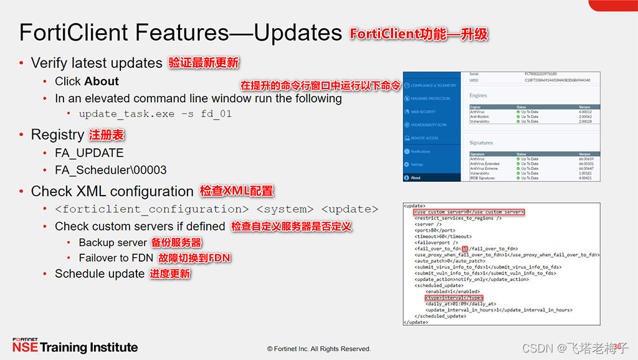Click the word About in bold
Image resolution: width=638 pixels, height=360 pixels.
pos(101,82)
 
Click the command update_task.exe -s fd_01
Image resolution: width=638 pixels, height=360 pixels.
pos(155,115)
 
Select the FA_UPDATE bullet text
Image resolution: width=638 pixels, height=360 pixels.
pos(89,153)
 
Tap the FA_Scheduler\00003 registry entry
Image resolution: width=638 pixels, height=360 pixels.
pos(110,169)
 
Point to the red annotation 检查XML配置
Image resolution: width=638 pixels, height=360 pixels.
pos(236,191)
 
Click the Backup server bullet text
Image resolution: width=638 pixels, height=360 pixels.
pos(113,242)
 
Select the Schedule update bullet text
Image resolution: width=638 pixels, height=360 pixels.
pos(100,273)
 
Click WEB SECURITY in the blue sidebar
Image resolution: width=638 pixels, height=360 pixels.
pos(423,111)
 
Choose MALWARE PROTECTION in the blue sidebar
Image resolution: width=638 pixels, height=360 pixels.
pos(430,98)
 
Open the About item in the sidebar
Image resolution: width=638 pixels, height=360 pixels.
pos(416,178)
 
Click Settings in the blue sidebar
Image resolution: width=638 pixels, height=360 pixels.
pos(417,164)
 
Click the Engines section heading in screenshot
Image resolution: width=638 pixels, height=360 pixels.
pos(478,96)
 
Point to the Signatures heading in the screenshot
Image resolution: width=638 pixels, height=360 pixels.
pos(481,143)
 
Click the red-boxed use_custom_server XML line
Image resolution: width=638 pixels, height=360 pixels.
pos(469,212)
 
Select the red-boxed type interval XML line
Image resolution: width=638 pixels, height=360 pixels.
pos(455,298)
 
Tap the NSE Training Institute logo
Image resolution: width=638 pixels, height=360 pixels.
pos(75,346)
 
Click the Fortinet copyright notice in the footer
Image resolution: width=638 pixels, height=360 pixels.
pos(319,349)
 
